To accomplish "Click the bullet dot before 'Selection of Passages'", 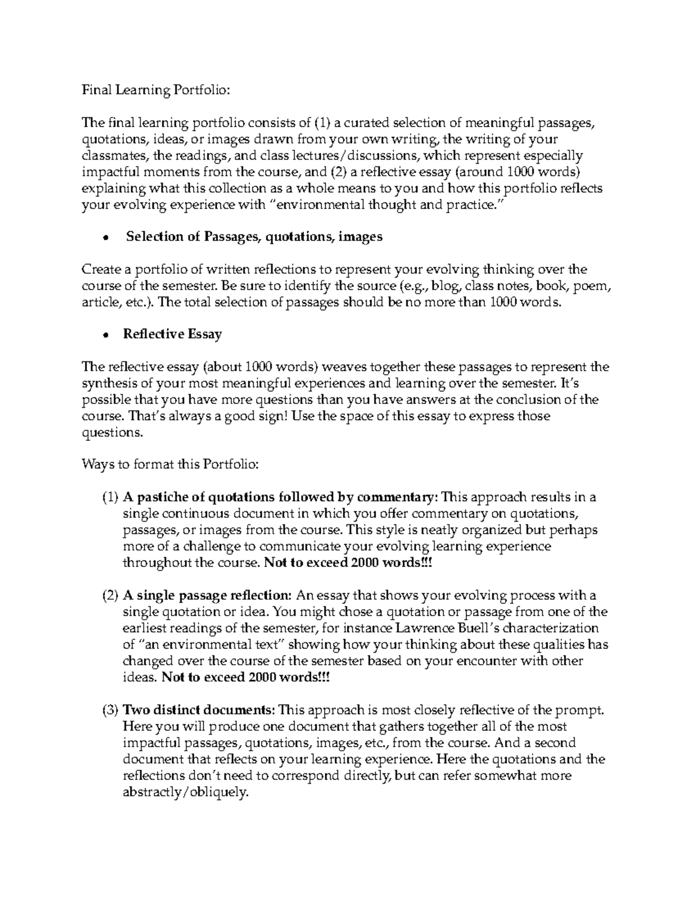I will click(x=106, y=237).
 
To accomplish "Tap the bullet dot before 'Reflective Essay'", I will click(x=106, y=335).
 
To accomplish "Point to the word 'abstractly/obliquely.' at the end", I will click(x=186, y=793).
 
